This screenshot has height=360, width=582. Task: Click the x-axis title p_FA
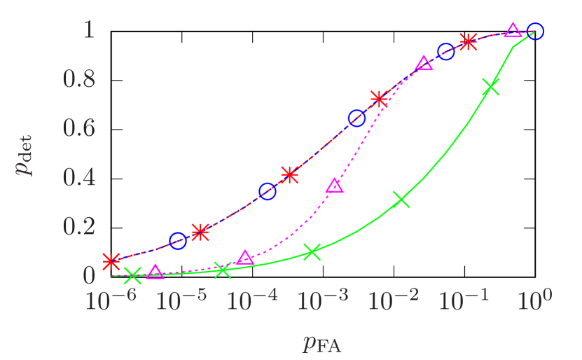(x=322, y=343)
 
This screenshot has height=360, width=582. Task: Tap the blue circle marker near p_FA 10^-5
(x=178, y=241)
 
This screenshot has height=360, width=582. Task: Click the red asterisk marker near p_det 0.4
(x=289, y=174)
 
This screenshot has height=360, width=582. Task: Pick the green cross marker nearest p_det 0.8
(x=491, y=88)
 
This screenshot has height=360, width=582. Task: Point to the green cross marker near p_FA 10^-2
(x=401, y=200)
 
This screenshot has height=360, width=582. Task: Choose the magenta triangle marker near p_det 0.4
(x=335, y=186)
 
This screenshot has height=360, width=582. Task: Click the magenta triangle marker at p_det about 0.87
(x=424, y=64)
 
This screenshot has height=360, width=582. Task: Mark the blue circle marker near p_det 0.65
(x=356, y=118)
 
